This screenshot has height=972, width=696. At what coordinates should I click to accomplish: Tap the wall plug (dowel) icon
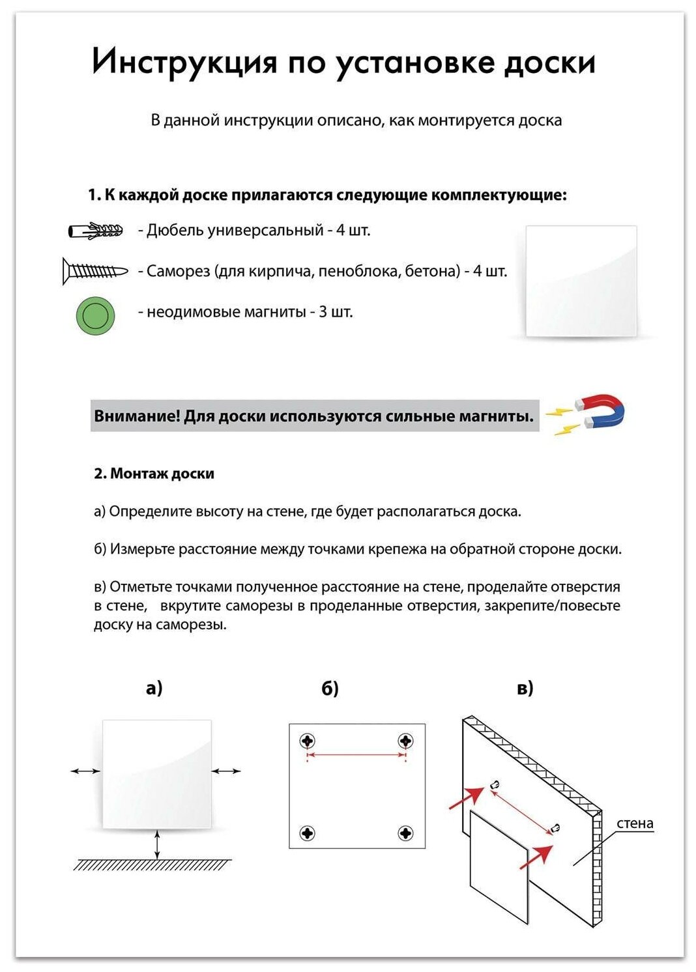point(96,231)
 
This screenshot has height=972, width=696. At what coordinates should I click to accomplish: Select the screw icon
point(95,271)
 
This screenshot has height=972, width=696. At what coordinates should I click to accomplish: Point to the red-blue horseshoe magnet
point(600,411)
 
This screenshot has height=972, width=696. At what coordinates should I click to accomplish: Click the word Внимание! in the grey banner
point(136,416)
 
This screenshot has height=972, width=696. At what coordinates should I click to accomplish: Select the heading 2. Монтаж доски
point(154,474)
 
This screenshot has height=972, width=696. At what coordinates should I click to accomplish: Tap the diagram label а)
point(154,688)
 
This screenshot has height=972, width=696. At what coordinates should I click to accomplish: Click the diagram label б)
point(330,688)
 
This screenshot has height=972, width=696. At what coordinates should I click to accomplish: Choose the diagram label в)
point(525,688)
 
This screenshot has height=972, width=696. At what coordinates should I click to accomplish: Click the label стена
point(634,823)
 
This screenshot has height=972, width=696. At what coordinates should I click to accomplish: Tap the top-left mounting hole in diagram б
point(308,741)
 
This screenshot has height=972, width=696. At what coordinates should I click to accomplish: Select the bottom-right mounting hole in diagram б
point(405,833)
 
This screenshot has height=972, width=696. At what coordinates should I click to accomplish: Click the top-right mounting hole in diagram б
point(405,741)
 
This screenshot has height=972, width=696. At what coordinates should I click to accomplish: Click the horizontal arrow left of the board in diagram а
point(85,771)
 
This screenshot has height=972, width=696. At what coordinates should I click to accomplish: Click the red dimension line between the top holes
point(356,755)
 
